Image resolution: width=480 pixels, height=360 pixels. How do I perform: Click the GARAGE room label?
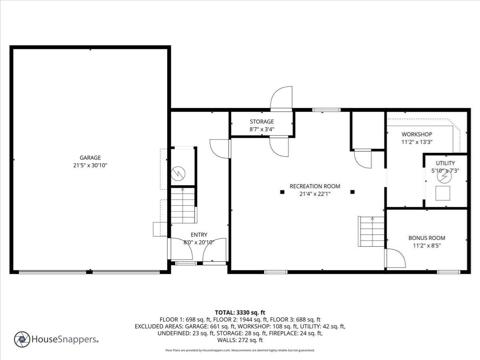[x=90, y=158]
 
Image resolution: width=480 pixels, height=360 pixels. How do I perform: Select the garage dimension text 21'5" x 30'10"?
[x=90, y=165]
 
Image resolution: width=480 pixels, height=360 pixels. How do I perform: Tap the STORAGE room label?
[x=262, y=122]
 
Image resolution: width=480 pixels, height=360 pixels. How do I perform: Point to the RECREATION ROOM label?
[x=315, y=186]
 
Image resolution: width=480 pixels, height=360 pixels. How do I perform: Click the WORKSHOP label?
[x=417, y=134]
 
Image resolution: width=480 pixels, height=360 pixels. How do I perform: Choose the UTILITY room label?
[x=445, y=163]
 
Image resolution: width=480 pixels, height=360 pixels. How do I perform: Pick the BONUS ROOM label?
[x=426, y=238]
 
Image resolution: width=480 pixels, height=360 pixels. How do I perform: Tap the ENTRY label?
[x=199, y=235]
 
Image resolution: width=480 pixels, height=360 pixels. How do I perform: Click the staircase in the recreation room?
[x=372, y=232]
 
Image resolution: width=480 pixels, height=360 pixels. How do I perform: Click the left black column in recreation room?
[x=282, y=192]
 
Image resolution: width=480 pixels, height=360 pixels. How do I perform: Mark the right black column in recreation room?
[x=352, y=192]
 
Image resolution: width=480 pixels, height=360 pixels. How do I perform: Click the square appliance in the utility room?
[x=443, y=193]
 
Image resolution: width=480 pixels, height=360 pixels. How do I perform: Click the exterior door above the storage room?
[x=282, y=99]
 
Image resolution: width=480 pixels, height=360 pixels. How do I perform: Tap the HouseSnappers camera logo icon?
[x=22, y=339]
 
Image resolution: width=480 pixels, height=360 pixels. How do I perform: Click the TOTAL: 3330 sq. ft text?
[x=240, y=312]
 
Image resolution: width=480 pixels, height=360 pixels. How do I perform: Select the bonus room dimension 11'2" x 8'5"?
[x=426, y=245]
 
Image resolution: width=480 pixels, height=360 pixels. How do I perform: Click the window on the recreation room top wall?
[x=326, y=110]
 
